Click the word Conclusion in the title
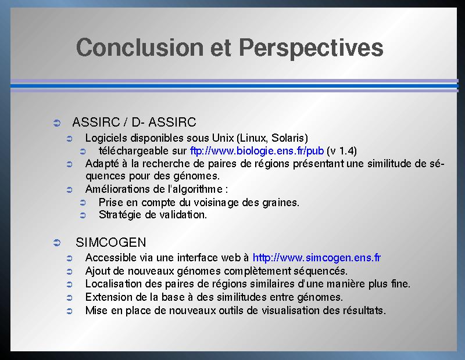coord(139,47)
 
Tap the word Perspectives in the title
coord(311,49)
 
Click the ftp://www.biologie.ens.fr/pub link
coord(257,151)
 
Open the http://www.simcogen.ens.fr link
coord(316,257)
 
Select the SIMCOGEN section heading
coord(111,242)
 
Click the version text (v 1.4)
coord(342,151)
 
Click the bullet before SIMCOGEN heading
coord(56,243)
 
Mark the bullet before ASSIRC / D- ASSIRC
coord(56,123)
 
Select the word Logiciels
coord(106,138)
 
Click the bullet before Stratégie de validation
coord(83,215)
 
